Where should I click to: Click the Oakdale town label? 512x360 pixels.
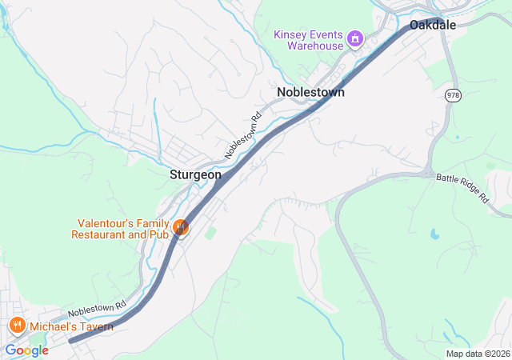coord(433,26)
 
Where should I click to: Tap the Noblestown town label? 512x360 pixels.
coord(310,93)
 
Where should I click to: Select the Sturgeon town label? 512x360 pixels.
coord(195,174)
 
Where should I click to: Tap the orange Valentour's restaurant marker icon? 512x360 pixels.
coord(182,228)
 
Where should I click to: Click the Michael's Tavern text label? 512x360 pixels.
coord(71,326)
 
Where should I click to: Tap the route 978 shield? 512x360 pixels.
coord(454,94)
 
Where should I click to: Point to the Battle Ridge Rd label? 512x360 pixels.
coord(462,187)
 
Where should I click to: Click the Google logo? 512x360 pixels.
coord(26,350)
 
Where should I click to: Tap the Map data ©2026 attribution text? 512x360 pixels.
coord(477,354)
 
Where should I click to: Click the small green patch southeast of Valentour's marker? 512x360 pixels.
coord(210,233)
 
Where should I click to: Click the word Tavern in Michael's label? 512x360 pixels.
coord(94,326)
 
